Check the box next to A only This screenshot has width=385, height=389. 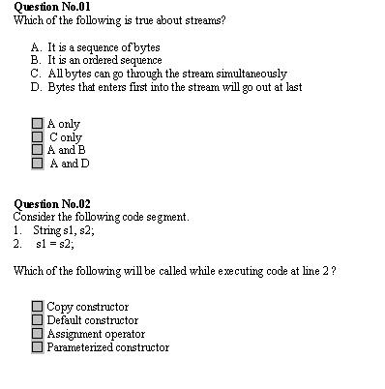click(x=38, y=124)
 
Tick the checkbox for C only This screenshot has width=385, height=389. click(x=38, y=137)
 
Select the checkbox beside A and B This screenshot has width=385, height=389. click(x=38, y=150)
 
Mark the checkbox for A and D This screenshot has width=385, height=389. click(x=38, y=164)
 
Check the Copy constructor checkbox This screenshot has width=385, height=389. click(x=38, y=307)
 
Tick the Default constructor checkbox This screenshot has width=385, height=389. click(x=38, y=320)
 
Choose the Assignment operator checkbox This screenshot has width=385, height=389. click(x=38, y=334)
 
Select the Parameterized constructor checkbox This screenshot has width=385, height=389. click(x=38, y=347)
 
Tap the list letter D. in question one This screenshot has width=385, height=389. click(x=36, y=86)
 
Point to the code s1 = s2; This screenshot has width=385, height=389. click(x=54, y=244)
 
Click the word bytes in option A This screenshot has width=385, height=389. click(x=144, y=46)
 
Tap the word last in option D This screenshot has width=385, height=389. click(x=293, y=86)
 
